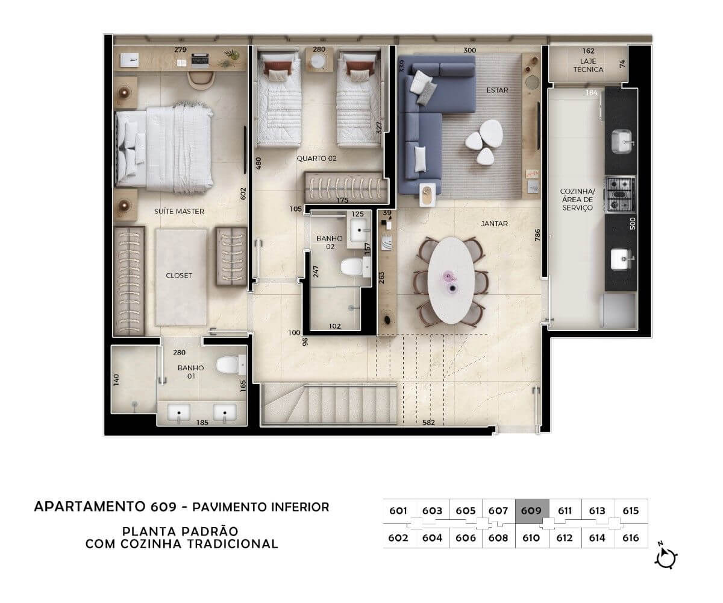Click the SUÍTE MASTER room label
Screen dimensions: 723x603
click(x=179, y=212)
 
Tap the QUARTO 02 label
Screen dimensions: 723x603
click(x=316, y=159)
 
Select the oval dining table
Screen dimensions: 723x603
click(x=451, y=280)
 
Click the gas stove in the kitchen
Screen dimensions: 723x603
click(x=620, y=194)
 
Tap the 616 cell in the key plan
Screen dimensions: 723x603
click(x=631, y=538)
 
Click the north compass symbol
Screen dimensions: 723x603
click(x=666, y=558)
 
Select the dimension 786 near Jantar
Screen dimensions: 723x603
click(x=537, y=235)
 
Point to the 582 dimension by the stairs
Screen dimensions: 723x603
click(x=428, y=423)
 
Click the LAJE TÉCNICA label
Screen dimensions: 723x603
click(x=588, y=65)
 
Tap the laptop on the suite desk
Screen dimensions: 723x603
click(x=199, y=60)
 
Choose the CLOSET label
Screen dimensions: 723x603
click(x=179, y=276)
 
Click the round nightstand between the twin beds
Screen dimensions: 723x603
click(x=318, y=61)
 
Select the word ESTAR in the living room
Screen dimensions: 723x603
click(x=497, y=90)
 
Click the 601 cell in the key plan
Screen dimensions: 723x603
click(x=398, y=511)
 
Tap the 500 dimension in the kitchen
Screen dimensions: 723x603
click(x=632, y=224)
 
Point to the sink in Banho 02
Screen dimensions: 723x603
click(x=358, y=230)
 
